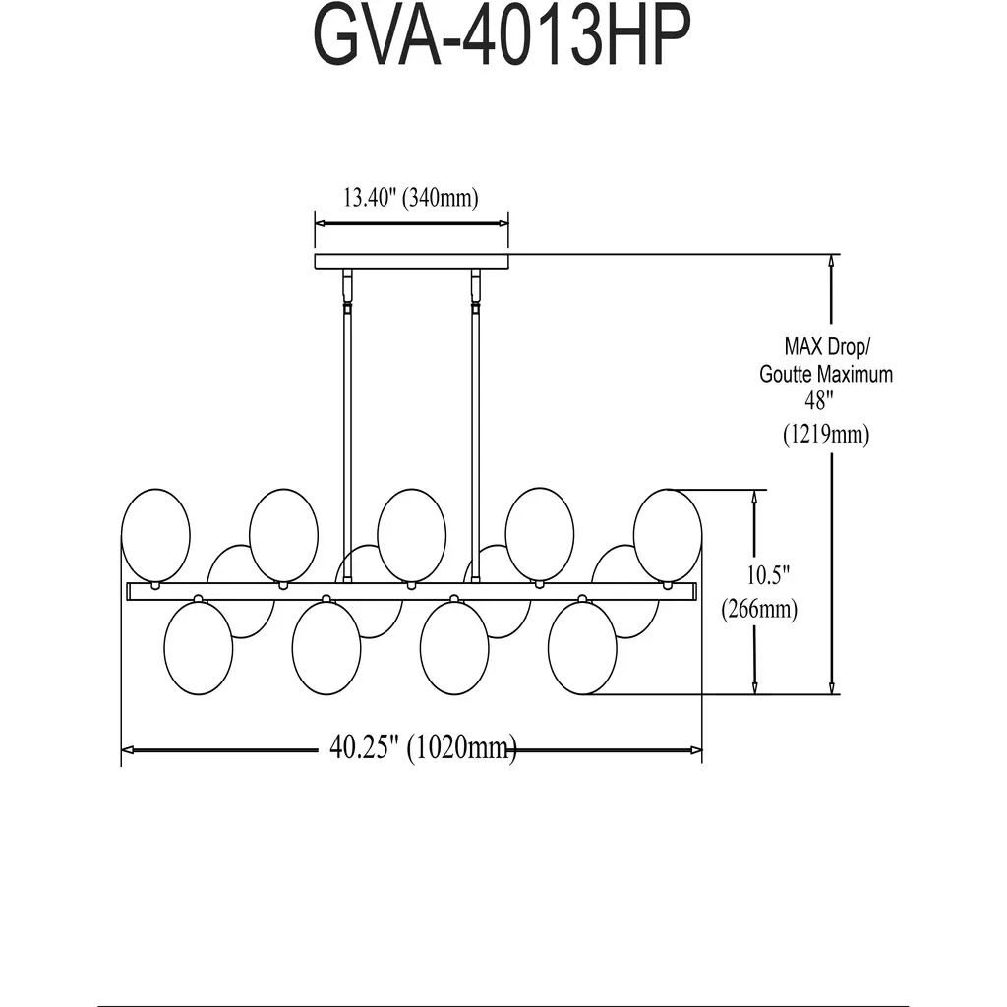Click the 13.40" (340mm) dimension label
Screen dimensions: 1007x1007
click(x=410, y=198)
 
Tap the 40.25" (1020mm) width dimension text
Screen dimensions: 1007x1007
click(x=422, y=748)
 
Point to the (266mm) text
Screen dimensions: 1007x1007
click(x=758, y=610)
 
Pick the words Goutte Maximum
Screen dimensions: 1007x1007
click(x=826, y=374)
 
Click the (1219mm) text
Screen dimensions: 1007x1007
click(x=826, y=434)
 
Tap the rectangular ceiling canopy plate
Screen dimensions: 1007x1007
click(x=411, y=262)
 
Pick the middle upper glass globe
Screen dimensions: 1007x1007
click(x=411, y=535)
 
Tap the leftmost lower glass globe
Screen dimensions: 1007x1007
click(x=199, y=648)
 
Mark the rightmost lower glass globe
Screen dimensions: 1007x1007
click(x=582, y=648)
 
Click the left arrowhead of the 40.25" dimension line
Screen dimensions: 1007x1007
click(x=126, y=750)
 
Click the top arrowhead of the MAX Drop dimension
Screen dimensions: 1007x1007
click(x=833, y=262)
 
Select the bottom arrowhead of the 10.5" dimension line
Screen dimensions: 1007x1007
click(x=754, y=687)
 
